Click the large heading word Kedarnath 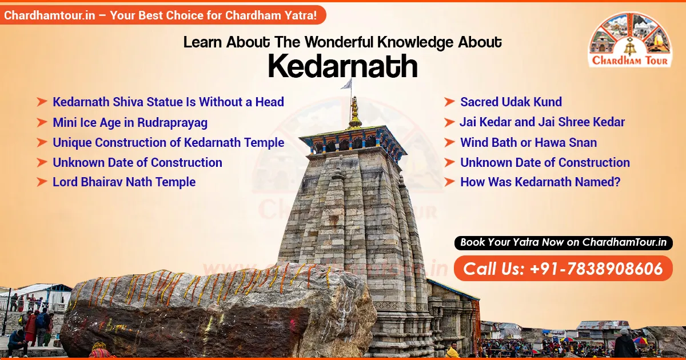pos(342,66)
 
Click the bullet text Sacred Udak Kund pos(510,102)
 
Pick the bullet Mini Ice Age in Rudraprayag pos(130,122)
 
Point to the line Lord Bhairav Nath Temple pos(124,182)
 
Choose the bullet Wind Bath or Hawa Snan pos(528,142)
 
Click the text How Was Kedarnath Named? pos(540,182)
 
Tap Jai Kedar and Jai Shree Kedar pos(542,122)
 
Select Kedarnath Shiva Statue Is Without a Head pos(168,102)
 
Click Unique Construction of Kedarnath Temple pos(168,142)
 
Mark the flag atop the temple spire pos(346,85)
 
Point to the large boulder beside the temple pos(217,311)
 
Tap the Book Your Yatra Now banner pos(563,242)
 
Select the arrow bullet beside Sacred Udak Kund pos(449,102)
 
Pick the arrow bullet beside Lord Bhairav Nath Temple pos(42,182)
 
